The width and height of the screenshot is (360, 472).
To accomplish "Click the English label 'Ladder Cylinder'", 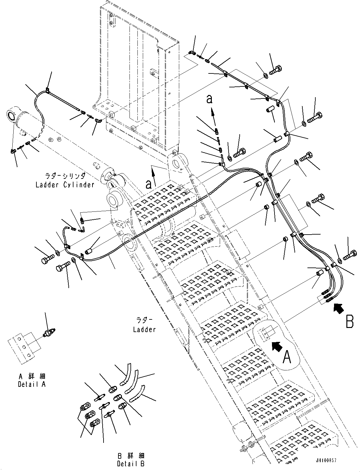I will (x=65, y=185).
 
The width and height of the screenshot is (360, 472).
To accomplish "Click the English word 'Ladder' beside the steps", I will (x=144, y=330).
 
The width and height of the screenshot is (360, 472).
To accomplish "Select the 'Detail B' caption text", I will (x=131, y=464).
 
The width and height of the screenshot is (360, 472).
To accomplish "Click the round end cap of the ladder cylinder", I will (x=12, y=115).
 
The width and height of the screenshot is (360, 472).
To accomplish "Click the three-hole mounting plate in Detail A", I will (x=21, y=347).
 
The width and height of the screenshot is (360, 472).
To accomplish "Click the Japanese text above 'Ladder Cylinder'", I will (x=65, y=175).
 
